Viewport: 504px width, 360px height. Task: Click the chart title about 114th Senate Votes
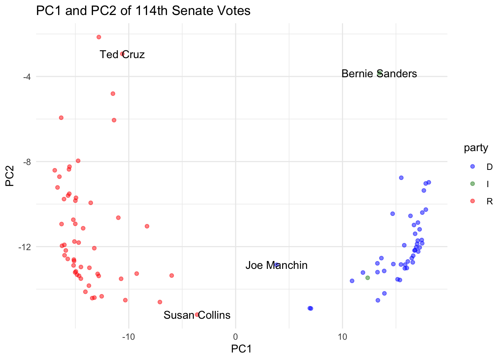[143, 10]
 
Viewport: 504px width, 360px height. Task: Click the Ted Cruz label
[122, 54]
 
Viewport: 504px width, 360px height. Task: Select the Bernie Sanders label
[379, 73]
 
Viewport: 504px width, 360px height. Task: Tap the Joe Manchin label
[276, 265]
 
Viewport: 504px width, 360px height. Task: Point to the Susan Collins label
[197, 315]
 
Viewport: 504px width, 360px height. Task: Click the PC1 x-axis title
[241, 349]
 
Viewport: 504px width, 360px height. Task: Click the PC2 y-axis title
[10, 176]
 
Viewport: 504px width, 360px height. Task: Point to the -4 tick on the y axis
[27, 77]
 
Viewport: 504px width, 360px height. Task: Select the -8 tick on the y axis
[27, 162]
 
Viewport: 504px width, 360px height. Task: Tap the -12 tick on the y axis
[25, 247]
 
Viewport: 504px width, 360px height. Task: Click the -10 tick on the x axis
[129, 337]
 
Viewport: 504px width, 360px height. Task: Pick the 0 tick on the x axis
[235, 337]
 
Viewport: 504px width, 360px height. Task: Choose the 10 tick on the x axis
[342, 337]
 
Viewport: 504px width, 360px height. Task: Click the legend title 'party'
[476, 148]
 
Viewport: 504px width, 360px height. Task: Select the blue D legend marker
[472, 166]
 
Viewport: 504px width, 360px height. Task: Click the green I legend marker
[472, 184]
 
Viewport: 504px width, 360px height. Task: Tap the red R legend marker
[472, 201]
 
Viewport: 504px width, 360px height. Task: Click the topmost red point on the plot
[99, 37]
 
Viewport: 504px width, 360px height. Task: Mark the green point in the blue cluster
[367, 278]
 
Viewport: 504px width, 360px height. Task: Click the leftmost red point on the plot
[55, 170]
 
